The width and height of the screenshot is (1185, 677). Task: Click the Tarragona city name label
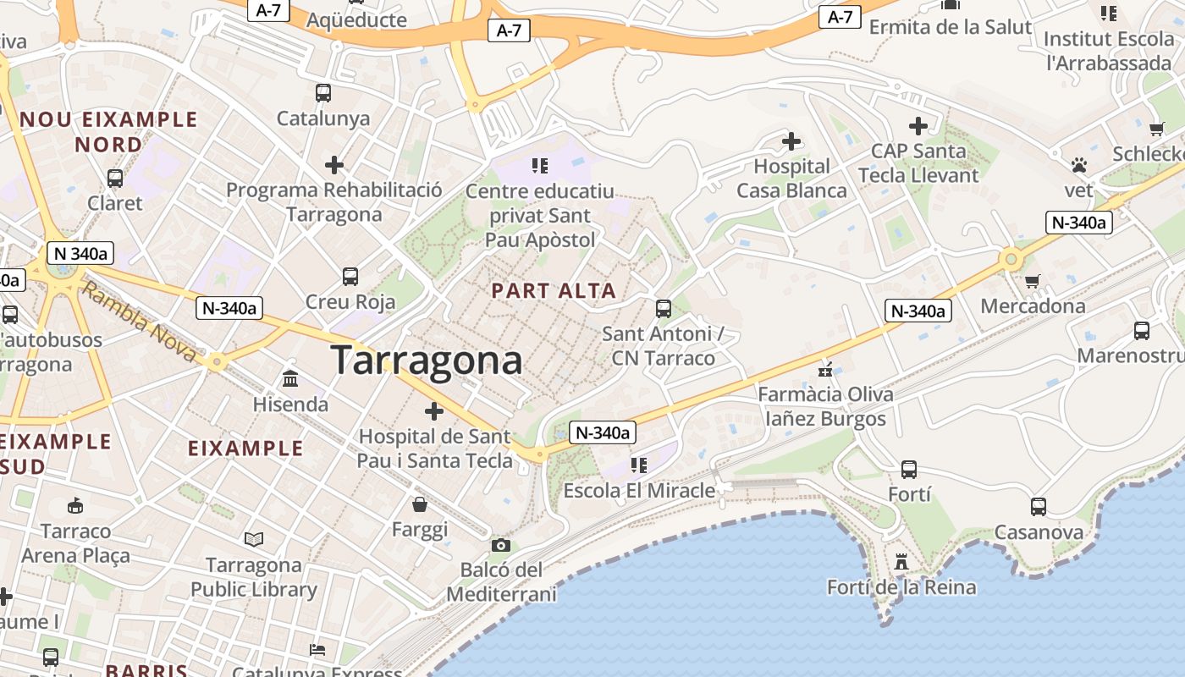pyautogui.click(x=427, y=360)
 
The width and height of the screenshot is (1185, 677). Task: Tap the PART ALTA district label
pyautogui.click(x=554, y=291)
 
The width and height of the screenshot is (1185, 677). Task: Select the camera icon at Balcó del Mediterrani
pyautogui.click(x=501, y=545)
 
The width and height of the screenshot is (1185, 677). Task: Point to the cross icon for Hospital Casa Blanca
pyautogui.click(x=791, y=140)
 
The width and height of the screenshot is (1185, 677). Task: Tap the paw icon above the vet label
pyautogui.click(x=1078, y=165)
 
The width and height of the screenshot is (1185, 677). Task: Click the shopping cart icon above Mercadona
pyautogui.click(x=1032, y=282)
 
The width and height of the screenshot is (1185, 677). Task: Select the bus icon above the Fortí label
pyautogui.click(x=909, y=469)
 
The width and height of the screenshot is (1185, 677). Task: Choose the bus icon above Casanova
pyautogui.click(x=1039, y=507)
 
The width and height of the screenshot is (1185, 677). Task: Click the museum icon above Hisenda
pyautogui.click(x=290, y=378)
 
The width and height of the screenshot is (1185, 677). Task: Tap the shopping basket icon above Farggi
pyautogui.click(x=420, y=505)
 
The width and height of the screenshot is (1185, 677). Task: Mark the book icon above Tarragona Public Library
pyautogui.click(x=253, y=539)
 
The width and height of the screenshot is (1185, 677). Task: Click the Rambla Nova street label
pyautogui.click(x=141, y=322)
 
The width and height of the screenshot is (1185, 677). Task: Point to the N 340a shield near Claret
pyautogui.click(x=81, y=253)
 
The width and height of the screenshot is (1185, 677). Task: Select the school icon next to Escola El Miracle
pyautogui.click(x=638, y=465)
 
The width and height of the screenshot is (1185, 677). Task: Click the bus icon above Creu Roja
pyautogui.click(x=350, y=276)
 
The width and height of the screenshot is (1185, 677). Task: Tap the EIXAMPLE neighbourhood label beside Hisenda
pyautogui.click(x=245, y=449)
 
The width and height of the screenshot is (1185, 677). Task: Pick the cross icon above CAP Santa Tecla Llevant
pyautogui.click(x=918, y=127)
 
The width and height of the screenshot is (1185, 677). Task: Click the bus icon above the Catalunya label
pyautogui.click(x=323, y=93)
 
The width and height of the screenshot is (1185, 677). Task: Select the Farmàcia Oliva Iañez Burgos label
pyautogui.click(x=825, y=406)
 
